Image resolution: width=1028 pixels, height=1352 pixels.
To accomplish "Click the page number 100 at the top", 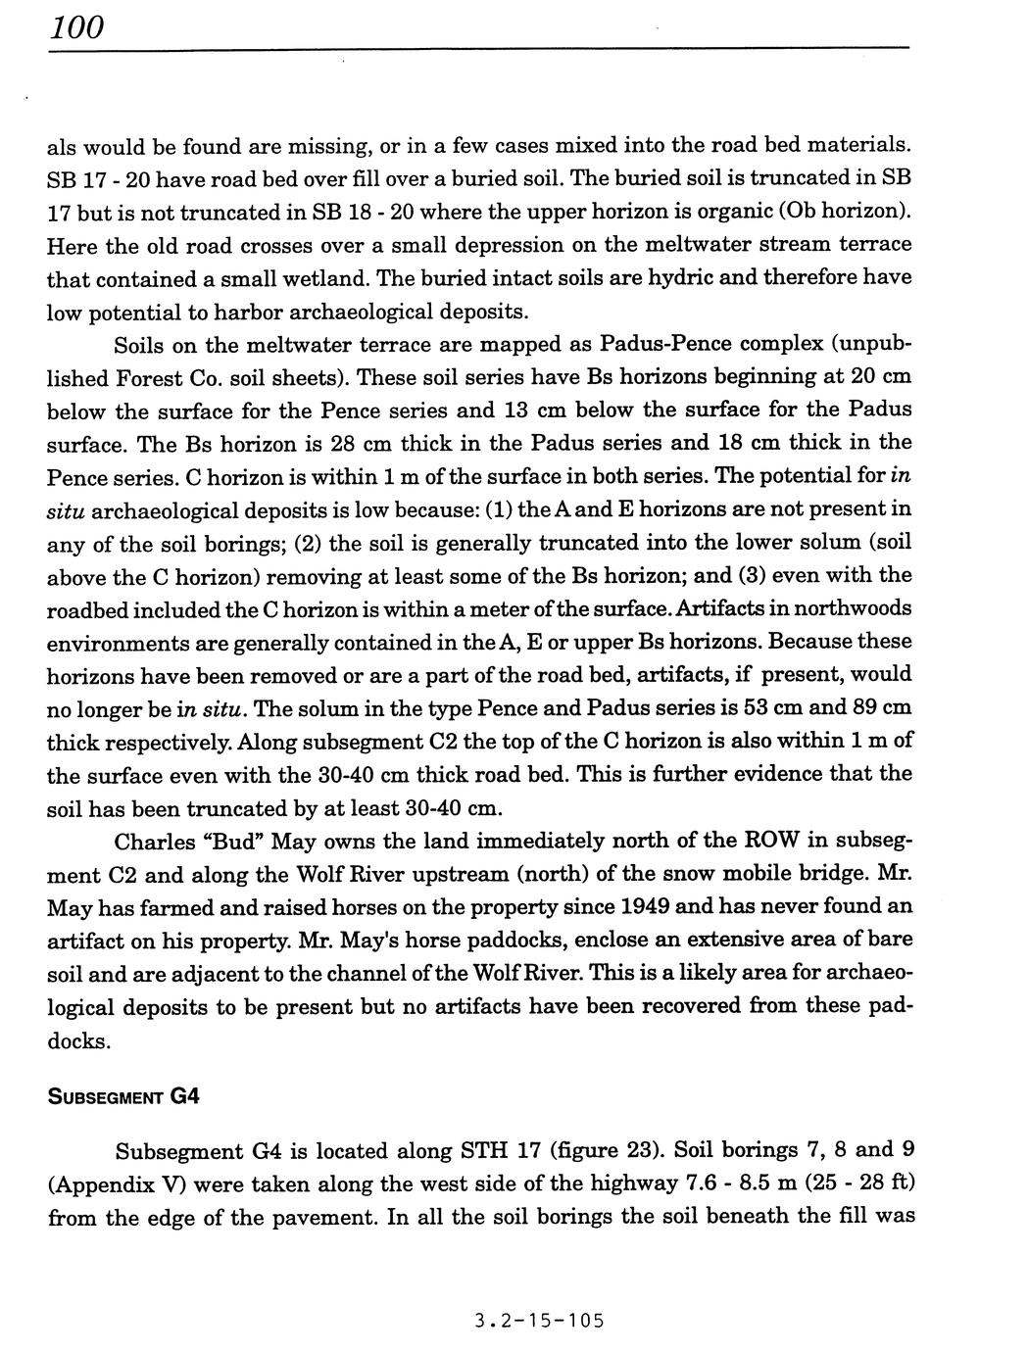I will (x=76, y=26).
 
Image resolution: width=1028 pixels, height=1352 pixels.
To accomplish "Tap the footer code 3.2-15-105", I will (x=539, y=1320).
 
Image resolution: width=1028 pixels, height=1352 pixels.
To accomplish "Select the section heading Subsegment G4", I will (x=123, y=1096).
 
